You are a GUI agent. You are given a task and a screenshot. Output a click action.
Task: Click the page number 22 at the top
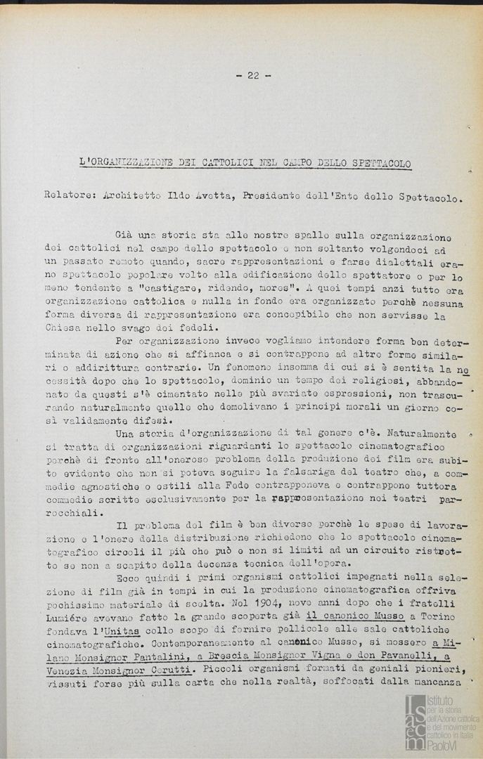coord(253,76)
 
